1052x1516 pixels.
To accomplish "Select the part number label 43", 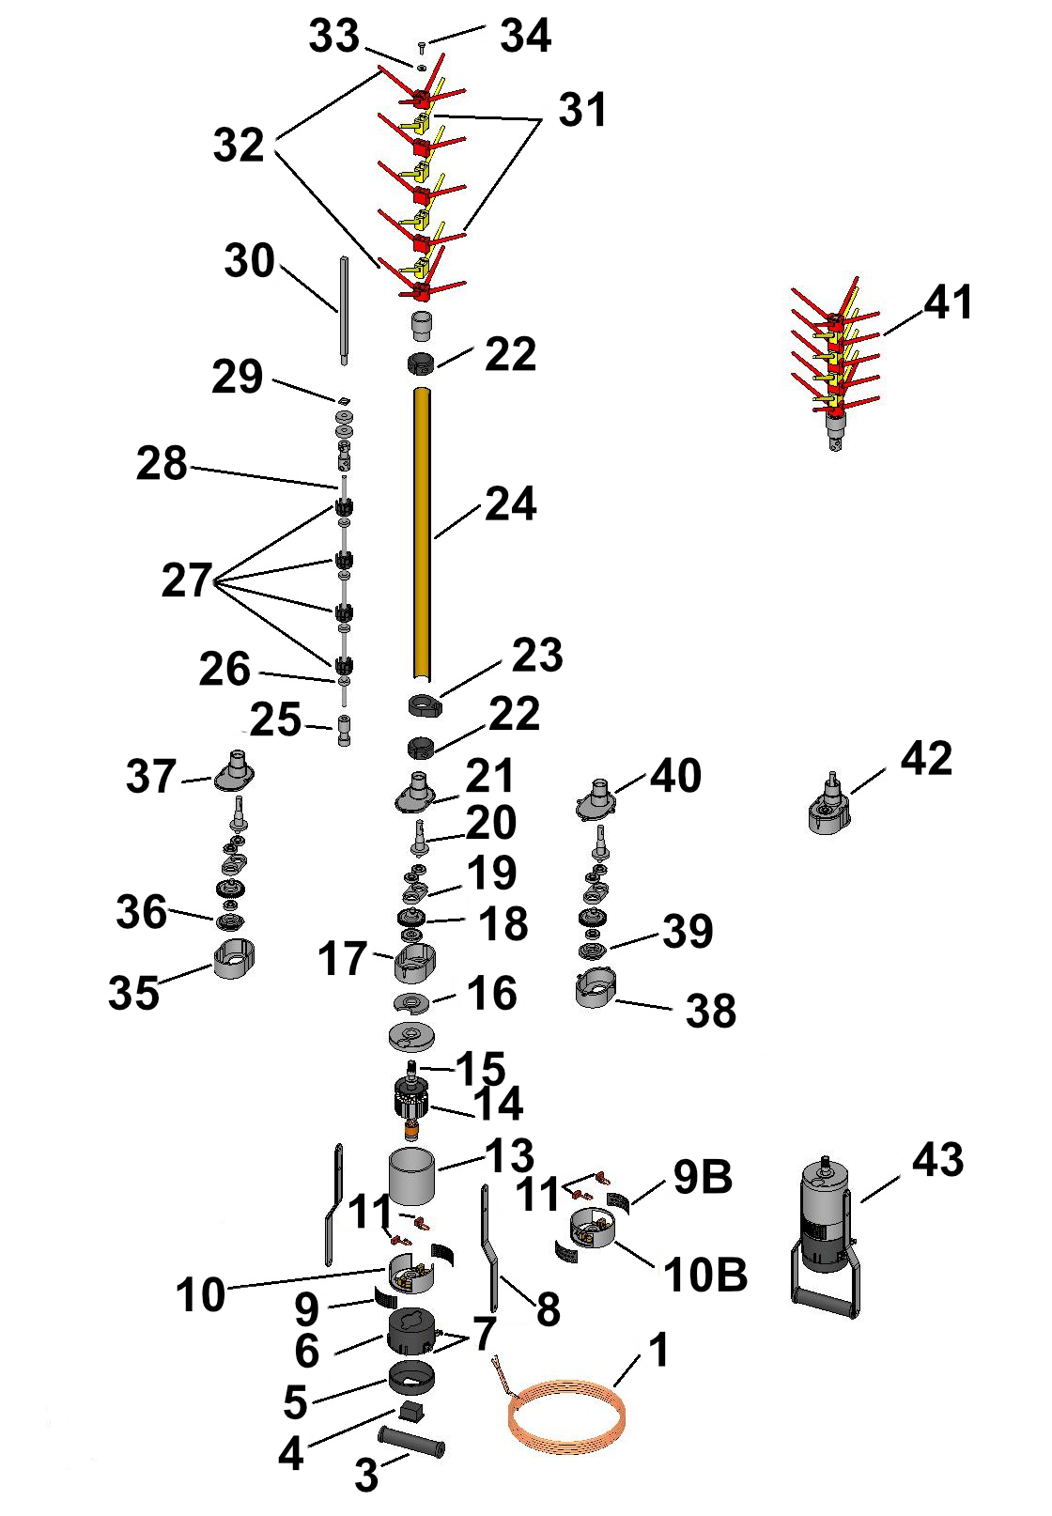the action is pyautogui.click(x=936, y=1160).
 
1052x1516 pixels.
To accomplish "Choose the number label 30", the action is pyautogui.click(x=249, y=260).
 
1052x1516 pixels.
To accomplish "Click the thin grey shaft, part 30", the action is pyautogui.click(x=345, y=311).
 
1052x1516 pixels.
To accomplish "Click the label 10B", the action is pyautogui.click(x=704, y=1275).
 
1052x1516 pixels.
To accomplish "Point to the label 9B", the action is pyautogui.click(x=702, y=1178).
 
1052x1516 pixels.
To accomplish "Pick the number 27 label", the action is pyautogui.click(x=187, y=580).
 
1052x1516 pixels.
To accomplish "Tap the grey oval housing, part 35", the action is pyautogui.click(x=234, y=959).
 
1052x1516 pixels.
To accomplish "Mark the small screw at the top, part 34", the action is pyautogui.click(x=422, y=45).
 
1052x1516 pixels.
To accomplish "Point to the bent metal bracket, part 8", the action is pyautogui.click(x=489, y=1246).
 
